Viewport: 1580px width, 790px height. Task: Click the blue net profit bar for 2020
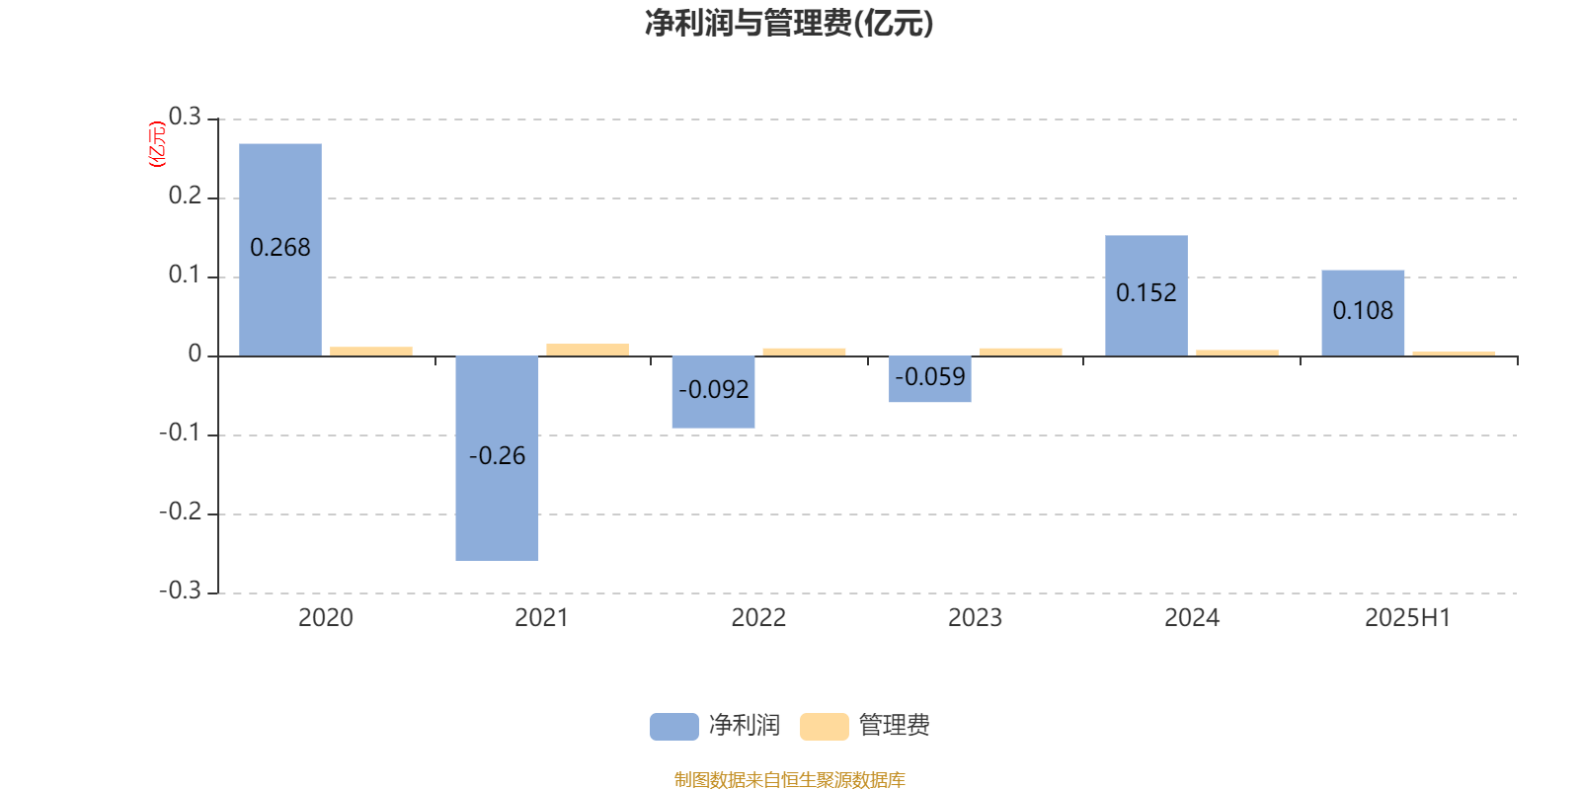click(x=280, y=250)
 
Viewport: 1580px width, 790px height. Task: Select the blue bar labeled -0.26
click(x=497, y=458)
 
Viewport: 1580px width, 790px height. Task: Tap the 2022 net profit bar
click(x=713, y=392)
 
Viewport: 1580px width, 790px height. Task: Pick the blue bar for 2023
click(x=929, y=379)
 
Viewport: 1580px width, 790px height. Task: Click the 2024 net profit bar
click(x=1146, y=295)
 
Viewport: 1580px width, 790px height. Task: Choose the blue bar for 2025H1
click(x=1363, y=313)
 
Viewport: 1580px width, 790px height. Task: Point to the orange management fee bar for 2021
click(x=588, y=350)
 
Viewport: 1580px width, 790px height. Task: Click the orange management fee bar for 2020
click(x=371, y=352)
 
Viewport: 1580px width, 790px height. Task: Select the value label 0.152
click(x=1146, y=292)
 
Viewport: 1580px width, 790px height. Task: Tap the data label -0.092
click(x=713, y=389)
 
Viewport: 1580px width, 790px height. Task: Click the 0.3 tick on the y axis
click(x=185, y=117)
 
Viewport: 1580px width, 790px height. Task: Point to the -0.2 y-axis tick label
click(x=181, y=512)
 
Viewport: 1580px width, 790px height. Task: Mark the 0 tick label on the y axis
click(x=195, y=354)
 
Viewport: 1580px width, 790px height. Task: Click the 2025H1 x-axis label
click(x=1408, y=618)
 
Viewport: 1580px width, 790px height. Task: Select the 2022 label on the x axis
click(x=758, y=618)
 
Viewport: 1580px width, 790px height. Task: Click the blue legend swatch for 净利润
click(x=674, y=727)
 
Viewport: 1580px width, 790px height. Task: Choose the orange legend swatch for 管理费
click(x=824, y=727)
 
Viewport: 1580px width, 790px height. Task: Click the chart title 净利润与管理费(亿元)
click(x=789, y=24)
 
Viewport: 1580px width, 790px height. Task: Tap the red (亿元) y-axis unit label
click(x=157, y=144)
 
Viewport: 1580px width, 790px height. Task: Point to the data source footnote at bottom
click(x=789, y=779)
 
